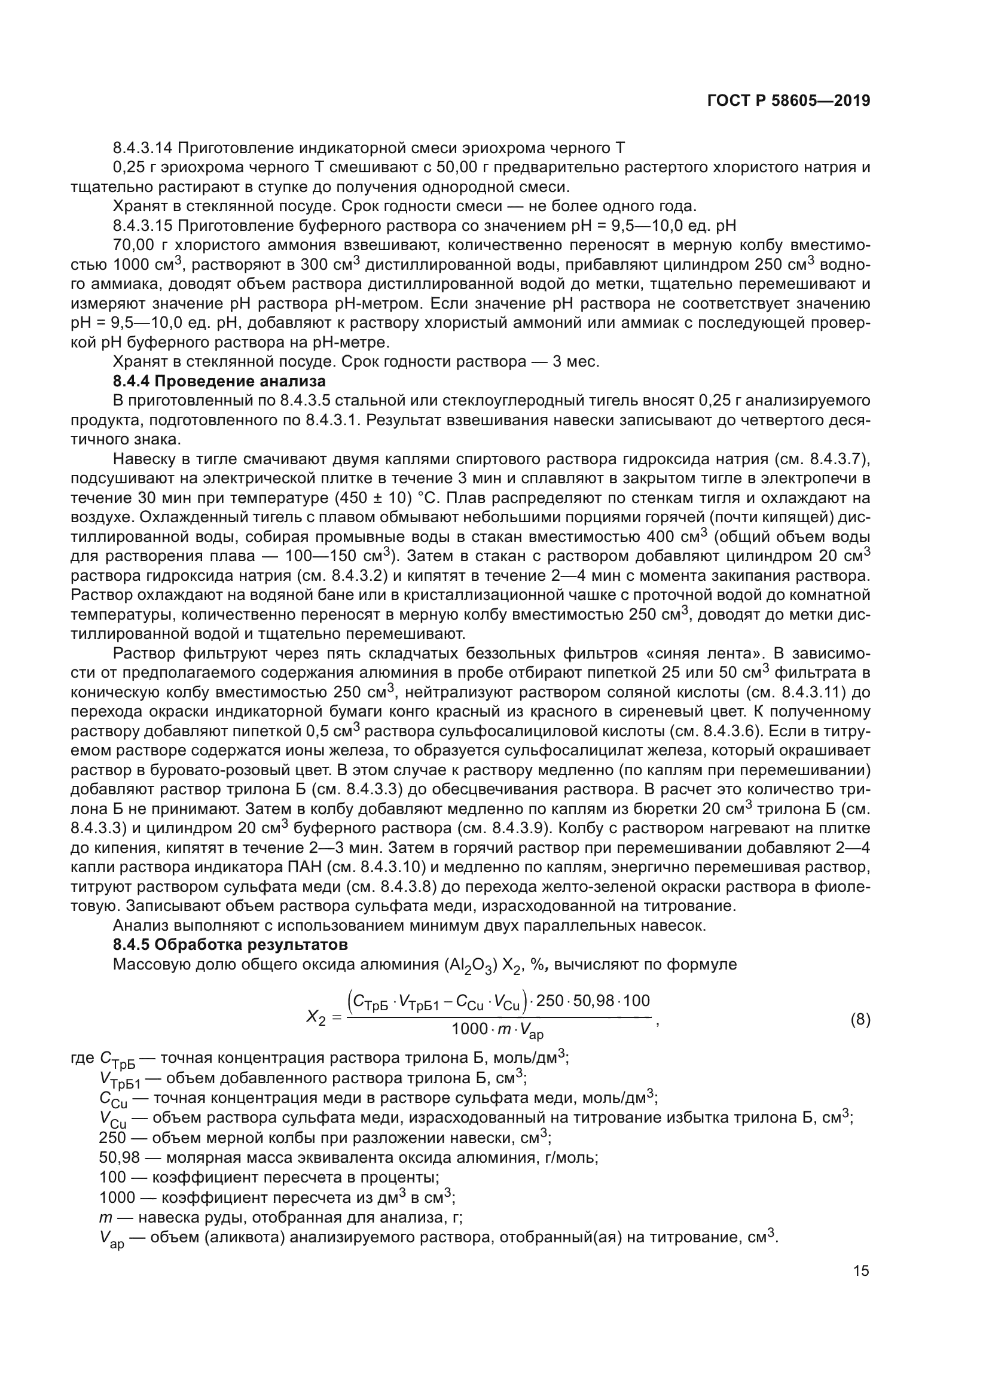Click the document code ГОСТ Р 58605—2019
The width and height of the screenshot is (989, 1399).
coord(789,101)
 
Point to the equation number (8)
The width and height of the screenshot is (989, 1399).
coord(860,1020)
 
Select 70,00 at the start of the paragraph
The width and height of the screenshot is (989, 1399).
coord(133,246)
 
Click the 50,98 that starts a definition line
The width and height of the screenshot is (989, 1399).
coord(120,1158)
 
